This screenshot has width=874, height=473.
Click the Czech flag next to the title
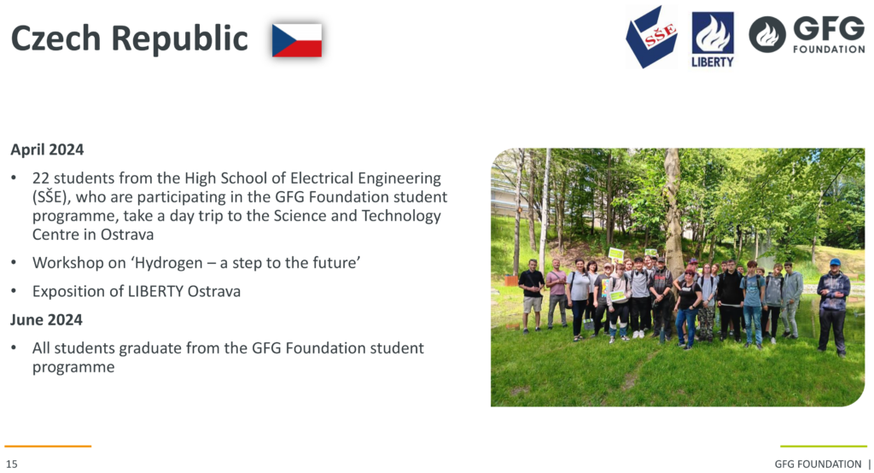click(297, 40)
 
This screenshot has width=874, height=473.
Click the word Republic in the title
click(179, 38)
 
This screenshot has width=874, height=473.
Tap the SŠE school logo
click(651, 37)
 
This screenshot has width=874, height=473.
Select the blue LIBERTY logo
click(713, 39)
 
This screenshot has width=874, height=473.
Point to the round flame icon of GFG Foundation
click(767, 35)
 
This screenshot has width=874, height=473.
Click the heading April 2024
click(48, 149)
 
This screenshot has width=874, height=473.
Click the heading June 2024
click(46, 319)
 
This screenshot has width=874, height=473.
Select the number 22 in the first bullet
click(41, 178)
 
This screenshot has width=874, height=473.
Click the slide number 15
click(12, 464)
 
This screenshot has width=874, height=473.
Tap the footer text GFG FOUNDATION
click(818, 464)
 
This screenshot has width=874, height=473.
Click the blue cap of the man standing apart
click(835, 261)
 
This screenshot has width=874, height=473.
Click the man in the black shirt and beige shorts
click(531, 295)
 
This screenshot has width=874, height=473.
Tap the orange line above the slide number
click(48, 447)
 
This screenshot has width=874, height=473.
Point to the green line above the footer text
click(824, 447)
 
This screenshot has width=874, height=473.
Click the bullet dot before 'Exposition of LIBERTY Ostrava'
click(14, 292)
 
